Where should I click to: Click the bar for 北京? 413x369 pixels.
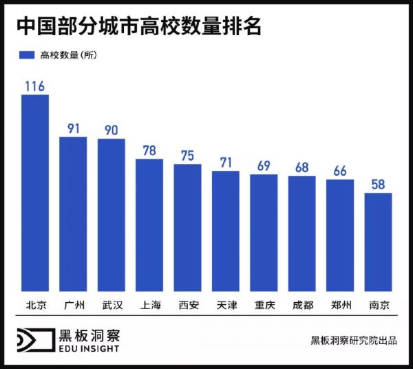(x=35, y=192)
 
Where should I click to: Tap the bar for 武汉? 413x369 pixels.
(x=111, y=215)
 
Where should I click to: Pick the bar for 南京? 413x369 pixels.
(x=378, y=242)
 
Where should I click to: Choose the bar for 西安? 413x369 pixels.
(x=187, y=228)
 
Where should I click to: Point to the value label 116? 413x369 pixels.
(x=35, y=86)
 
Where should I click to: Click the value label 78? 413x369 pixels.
(x=149, y=150)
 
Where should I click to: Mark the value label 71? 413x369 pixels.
(x=225, y=163)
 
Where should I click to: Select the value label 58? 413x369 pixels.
(x=378, y=184)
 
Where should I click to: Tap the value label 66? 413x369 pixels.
(x=339, y=171)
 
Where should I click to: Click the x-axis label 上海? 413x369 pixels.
(x=149, y=305)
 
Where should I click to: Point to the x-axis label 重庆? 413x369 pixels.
(x=264, y=305)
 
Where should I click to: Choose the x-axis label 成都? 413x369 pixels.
(x=301, y=305)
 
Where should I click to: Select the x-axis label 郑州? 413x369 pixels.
(x=339, y=305)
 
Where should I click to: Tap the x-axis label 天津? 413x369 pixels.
(x=225, y=305)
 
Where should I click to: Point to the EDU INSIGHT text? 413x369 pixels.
(x=89, y=348)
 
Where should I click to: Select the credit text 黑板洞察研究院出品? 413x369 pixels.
(x=353, y=340)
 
